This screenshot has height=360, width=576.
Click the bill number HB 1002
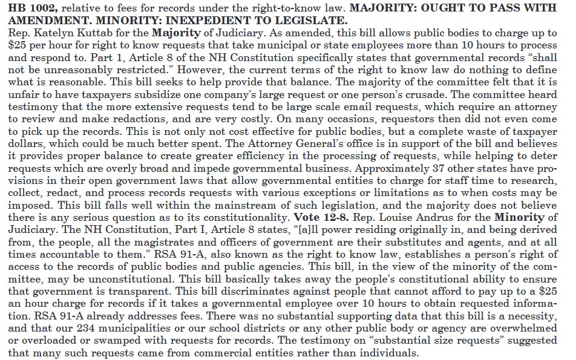(24, 7)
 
